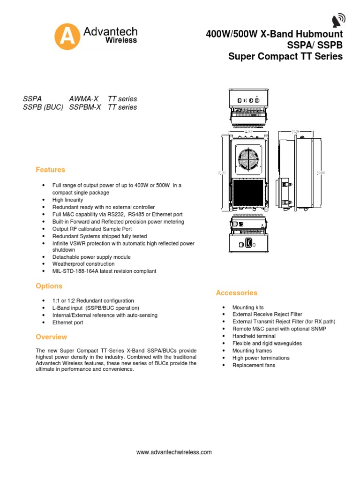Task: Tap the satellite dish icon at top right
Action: click(338, 20)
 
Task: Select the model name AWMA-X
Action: click(84, 99)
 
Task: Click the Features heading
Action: click(50, 170)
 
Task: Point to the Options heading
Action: click(49, 286)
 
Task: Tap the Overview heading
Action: click(51, 337)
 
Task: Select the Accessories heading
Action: click(236, 293)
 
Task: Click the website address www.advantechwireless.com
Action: click(174, 452)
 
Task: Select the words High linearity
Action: click(67, 200)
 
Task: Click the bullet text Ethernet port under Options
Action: click(67, 323)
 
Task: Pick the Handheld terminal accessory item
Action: click(254, 336)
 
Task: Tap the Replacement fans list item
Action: click(254, 365)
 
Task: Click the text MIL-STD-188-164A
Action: click(75, 271)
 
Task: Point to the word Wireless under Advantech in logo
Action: click(120, 40)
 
